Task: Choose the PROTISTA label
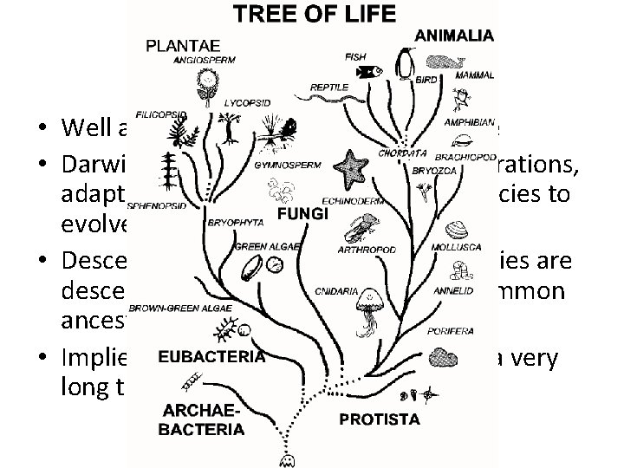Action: tap(379, 419)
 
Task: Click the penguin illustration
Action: tap(404, 62)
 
